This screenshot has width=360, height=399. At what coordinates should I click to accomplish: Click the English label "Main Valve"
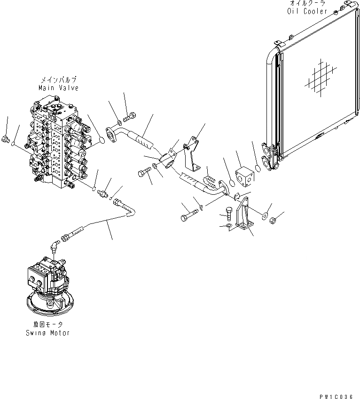pyautogui.click(x=59, y=88)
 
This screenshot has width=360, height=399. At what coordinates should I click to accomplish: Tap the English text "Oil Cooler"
pyautogui.click(x=307, y=11)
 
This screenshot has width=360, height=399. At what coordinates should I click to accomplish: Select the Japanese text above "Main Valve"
pyautogui.click(x=59, y=80)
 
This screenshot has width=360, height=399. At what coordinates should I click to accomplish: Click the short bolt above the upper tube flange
pyautogui.click(x=130, y=115)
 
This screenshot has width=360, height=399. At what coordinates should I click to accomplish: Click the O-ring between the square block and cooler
pyautogui.click(x=258, y=168)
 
